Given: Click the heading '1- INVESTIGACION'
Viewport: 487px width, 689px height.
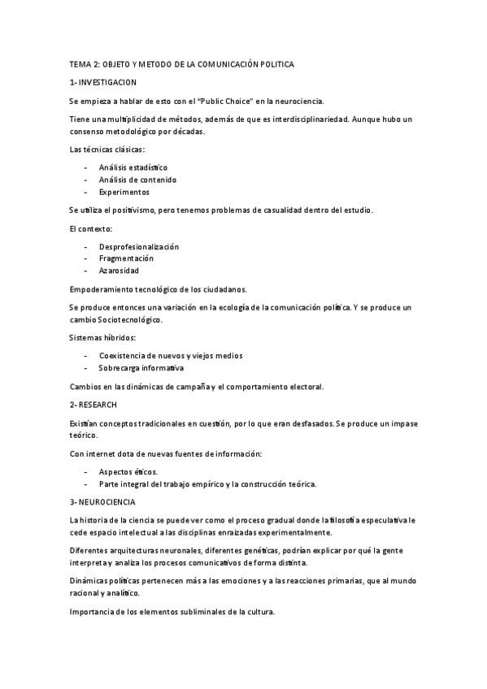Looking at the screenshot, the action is click(103, 82).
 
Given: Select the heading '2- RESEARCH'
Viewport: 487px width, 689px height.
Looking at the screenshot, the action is click(93, 404).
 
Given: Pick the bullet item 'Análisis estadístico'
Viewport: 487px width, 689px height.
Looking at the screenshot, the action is click(133, 167).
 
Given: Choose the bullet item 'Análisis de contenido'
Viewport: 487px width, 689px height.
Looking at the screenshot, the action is click(137, 180).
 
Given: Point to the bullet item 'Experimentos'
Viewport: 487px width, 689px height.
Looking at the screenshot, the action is click(124, 193).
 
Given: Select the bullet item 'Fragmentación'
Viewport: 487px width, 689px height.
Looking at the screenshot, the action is click(126, 258).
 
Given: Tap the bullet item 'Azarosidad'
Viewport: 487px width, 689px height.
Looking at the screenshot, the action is click(120, 271).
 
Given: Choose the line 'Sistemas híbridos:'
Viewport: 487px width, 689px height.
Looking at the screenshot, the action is click(102, 337).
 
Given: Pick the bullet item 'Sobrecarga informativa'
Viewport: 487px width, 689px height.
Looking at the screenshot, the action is click(141, 367).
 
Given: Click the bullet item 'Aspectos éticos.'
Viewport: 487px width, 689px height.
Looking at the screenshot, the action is click(128, 471).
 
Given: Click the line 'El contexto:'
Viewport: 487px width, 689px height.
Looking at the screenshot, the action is click(91, 228).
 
